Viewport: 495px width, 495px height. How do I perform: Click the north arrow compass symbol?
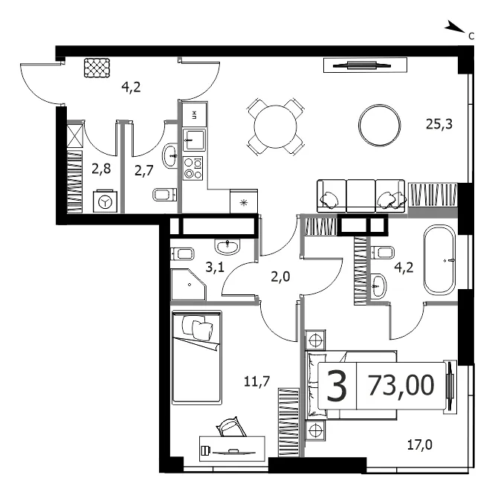point(455,27)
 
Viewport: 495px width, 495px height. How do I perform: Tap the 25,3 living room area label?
point(439,124)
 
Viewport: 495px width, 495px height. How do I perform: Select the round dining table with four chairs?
point(276,126)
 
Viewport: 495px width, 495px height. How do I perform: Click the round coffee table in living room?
point(380,126)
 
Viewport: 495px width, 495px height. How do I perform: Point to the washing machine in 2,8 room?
point(105,201)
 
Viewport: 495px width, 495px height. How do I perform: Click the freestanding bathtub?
point(439,260)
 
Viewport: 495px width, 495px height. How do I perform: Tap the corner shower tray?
point(189,285)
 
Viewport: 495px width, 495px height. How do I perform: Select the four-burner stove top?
point(193,168)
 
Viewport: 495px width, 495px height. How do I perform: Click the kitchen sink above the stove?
point(194,140)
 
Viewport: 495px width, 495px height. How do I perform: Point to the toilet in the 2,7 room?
point(165,194)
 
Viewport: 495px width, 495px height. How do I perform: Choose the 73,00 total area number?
point(401,385)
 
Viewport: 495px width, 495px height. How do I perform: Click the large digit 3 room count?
point(337,386)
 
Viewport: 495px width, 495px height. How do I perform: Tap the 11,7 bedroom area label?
point(256,382)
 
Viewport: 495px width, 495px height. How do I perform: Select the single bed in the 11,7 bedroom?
point(197,357)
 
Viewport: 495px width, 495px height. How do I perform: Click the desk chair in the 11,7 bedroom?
point(230,427)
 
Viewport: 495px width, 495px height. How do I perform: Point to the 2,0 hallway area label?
point(280,277)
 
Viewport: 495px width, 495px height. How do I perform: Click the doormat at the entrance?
point(97,68)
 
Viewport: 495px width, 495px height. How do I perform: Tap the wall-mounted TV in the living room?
point(365,65)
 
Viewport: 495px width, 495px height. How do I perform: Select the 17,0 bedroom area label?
point(419,444)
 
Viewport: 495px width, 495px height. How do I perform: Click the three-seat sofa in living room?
point(361,195)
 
